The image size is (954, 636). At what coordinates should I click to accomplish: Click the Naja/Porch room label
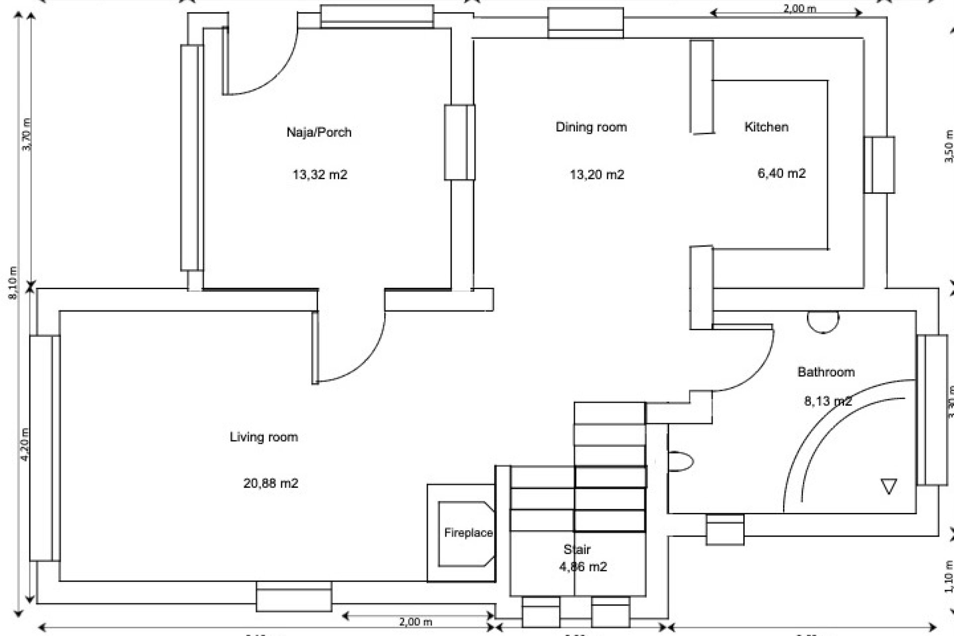coord(319,132)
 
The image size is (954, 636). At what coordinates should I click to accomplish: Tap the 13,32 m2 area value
coord(319,174)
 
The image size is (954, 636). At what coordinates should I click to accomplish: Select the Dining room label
coord(591,127)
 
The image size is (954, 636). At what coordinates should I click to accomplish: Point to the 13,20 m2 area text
coord(597,174)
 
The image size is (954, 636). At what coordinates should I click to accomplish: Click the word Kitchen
coord(766,127)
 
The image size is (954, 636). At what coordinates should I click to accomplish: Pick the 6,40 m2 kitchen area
coord(781,173)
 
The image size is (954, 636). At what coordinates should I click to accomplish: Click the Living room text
coord(264,437)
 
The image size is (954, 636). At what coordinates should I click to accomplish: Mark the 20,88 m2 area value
coord(271,483)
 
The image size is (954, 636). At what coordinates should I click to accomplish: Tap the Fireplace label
coord(468,533)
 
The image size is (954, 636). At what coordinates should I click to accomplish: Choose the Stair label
coord(577,550)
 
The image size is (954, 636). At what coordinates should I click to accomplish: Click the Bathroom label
coord(826,372)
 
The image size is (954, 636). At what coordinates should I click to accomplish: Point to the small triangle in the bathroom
coord(888,485)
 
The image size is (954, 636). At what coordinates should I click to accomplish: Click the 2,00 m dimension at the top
coord(799,8)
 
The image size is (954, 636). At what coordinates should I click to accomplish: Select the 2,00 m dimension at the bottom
coord(415,622)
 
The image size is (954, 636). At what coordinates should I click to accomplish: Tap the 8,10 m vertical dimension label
coord(13,283)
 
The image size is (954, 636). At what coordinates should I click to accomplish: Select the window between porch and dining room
coord(460,142)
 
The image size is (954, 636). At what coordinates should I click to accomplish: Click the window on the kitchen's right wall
coord(879,164)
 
